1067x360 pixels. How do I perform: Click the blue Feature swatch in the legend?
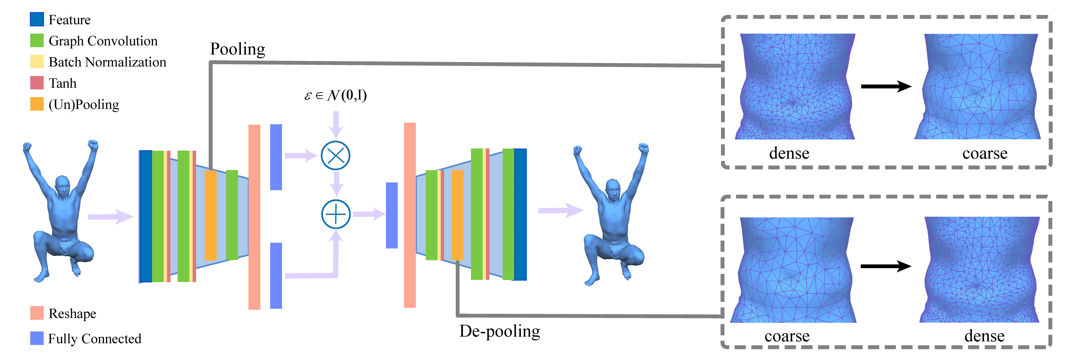[x=37, y=20]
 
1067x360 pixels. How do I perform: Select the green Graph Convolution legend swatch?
[x=37, y=41]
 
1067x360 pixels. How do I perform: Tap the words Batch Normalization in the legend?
[x=107, y=62]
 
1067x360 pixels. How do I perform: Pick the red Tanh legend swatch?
[x=37, y=83]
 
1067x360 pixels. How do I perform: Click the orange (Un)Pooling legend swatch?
[x=37, y=104]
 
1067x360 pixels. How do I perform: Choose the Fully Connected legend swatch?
[x=37, y=338]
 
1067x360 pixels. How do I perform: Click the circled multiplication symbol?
[x=335, y=156]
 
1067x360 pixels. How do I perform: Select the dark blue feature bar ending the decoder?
[x=520, y=215]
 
